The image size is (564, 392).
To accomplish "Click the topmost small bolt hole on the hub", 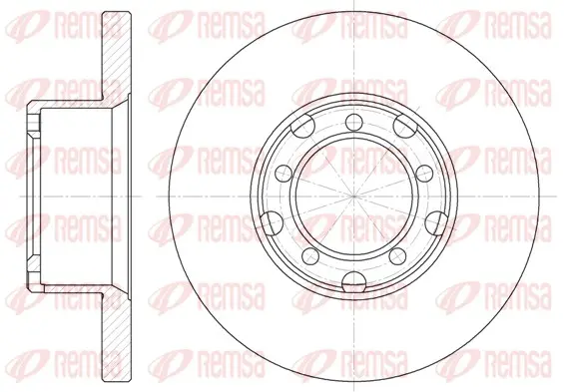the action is click(354, 122).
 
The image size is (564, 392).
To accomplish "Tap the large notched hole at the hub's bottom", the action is click(354, 281).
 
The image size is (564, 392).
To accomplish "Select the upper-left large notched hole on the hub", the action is click(302, 126).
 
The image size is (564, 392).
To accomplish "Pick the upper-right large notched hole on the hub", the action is click(405, 126).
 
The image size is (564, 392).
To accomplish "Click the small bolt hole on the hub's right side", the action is click(424, 174).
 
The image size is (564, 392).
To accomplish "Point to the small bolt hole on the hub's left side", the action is click(283, 174).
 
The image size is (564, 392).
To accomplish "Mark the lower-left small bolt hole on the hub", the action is click(310, 255).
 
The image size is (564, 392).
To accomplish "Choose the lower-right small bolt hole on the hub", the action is click(397, 255).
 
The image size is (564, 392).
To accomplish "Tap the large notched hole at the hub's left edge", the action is click(272, 222).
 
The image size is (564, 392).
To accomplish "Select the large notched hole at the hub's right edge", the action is click(436, 222).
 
